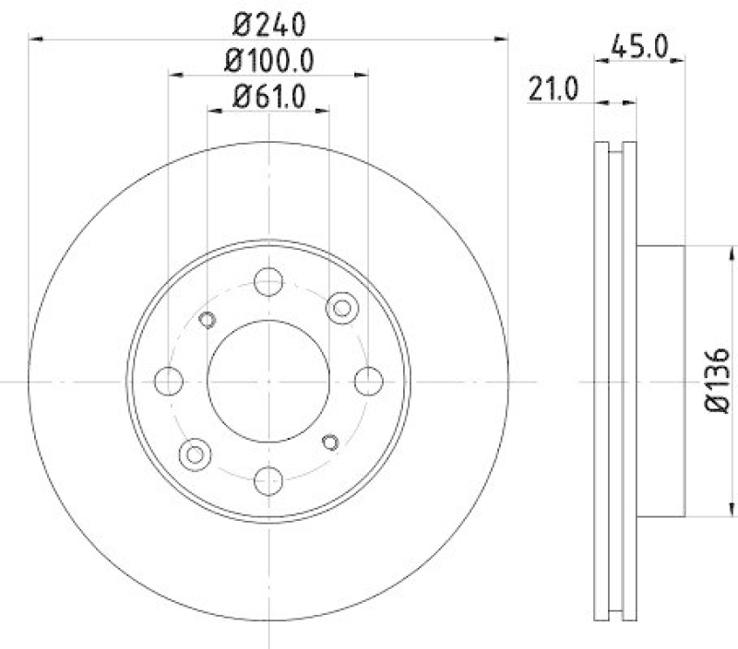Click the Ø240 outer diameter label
click(268, 20)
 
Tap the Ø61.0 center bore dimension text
click(268, 94)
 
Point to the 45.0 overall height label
click(638, 44)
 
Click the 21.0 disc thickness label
click(553, 88)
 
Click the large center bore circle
click(268, 381)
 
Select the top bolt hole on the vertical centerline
click(268, 281)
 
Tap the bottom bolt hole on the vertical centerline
click(268, 479)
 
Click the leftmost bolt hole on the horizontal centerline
click(169, 380)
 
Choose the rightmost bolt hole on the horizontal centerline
click(368, 380)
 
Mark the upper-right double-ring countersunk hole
click(342, 307)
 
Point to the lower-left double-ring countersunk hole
click(194, 453)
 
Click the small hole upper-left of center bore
click(207, 319)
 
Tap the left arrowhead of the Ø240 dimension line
click(35, 38)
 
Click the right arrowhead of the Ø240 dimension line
click(502, 38)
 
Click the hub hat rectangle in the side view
click(661, 381)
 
